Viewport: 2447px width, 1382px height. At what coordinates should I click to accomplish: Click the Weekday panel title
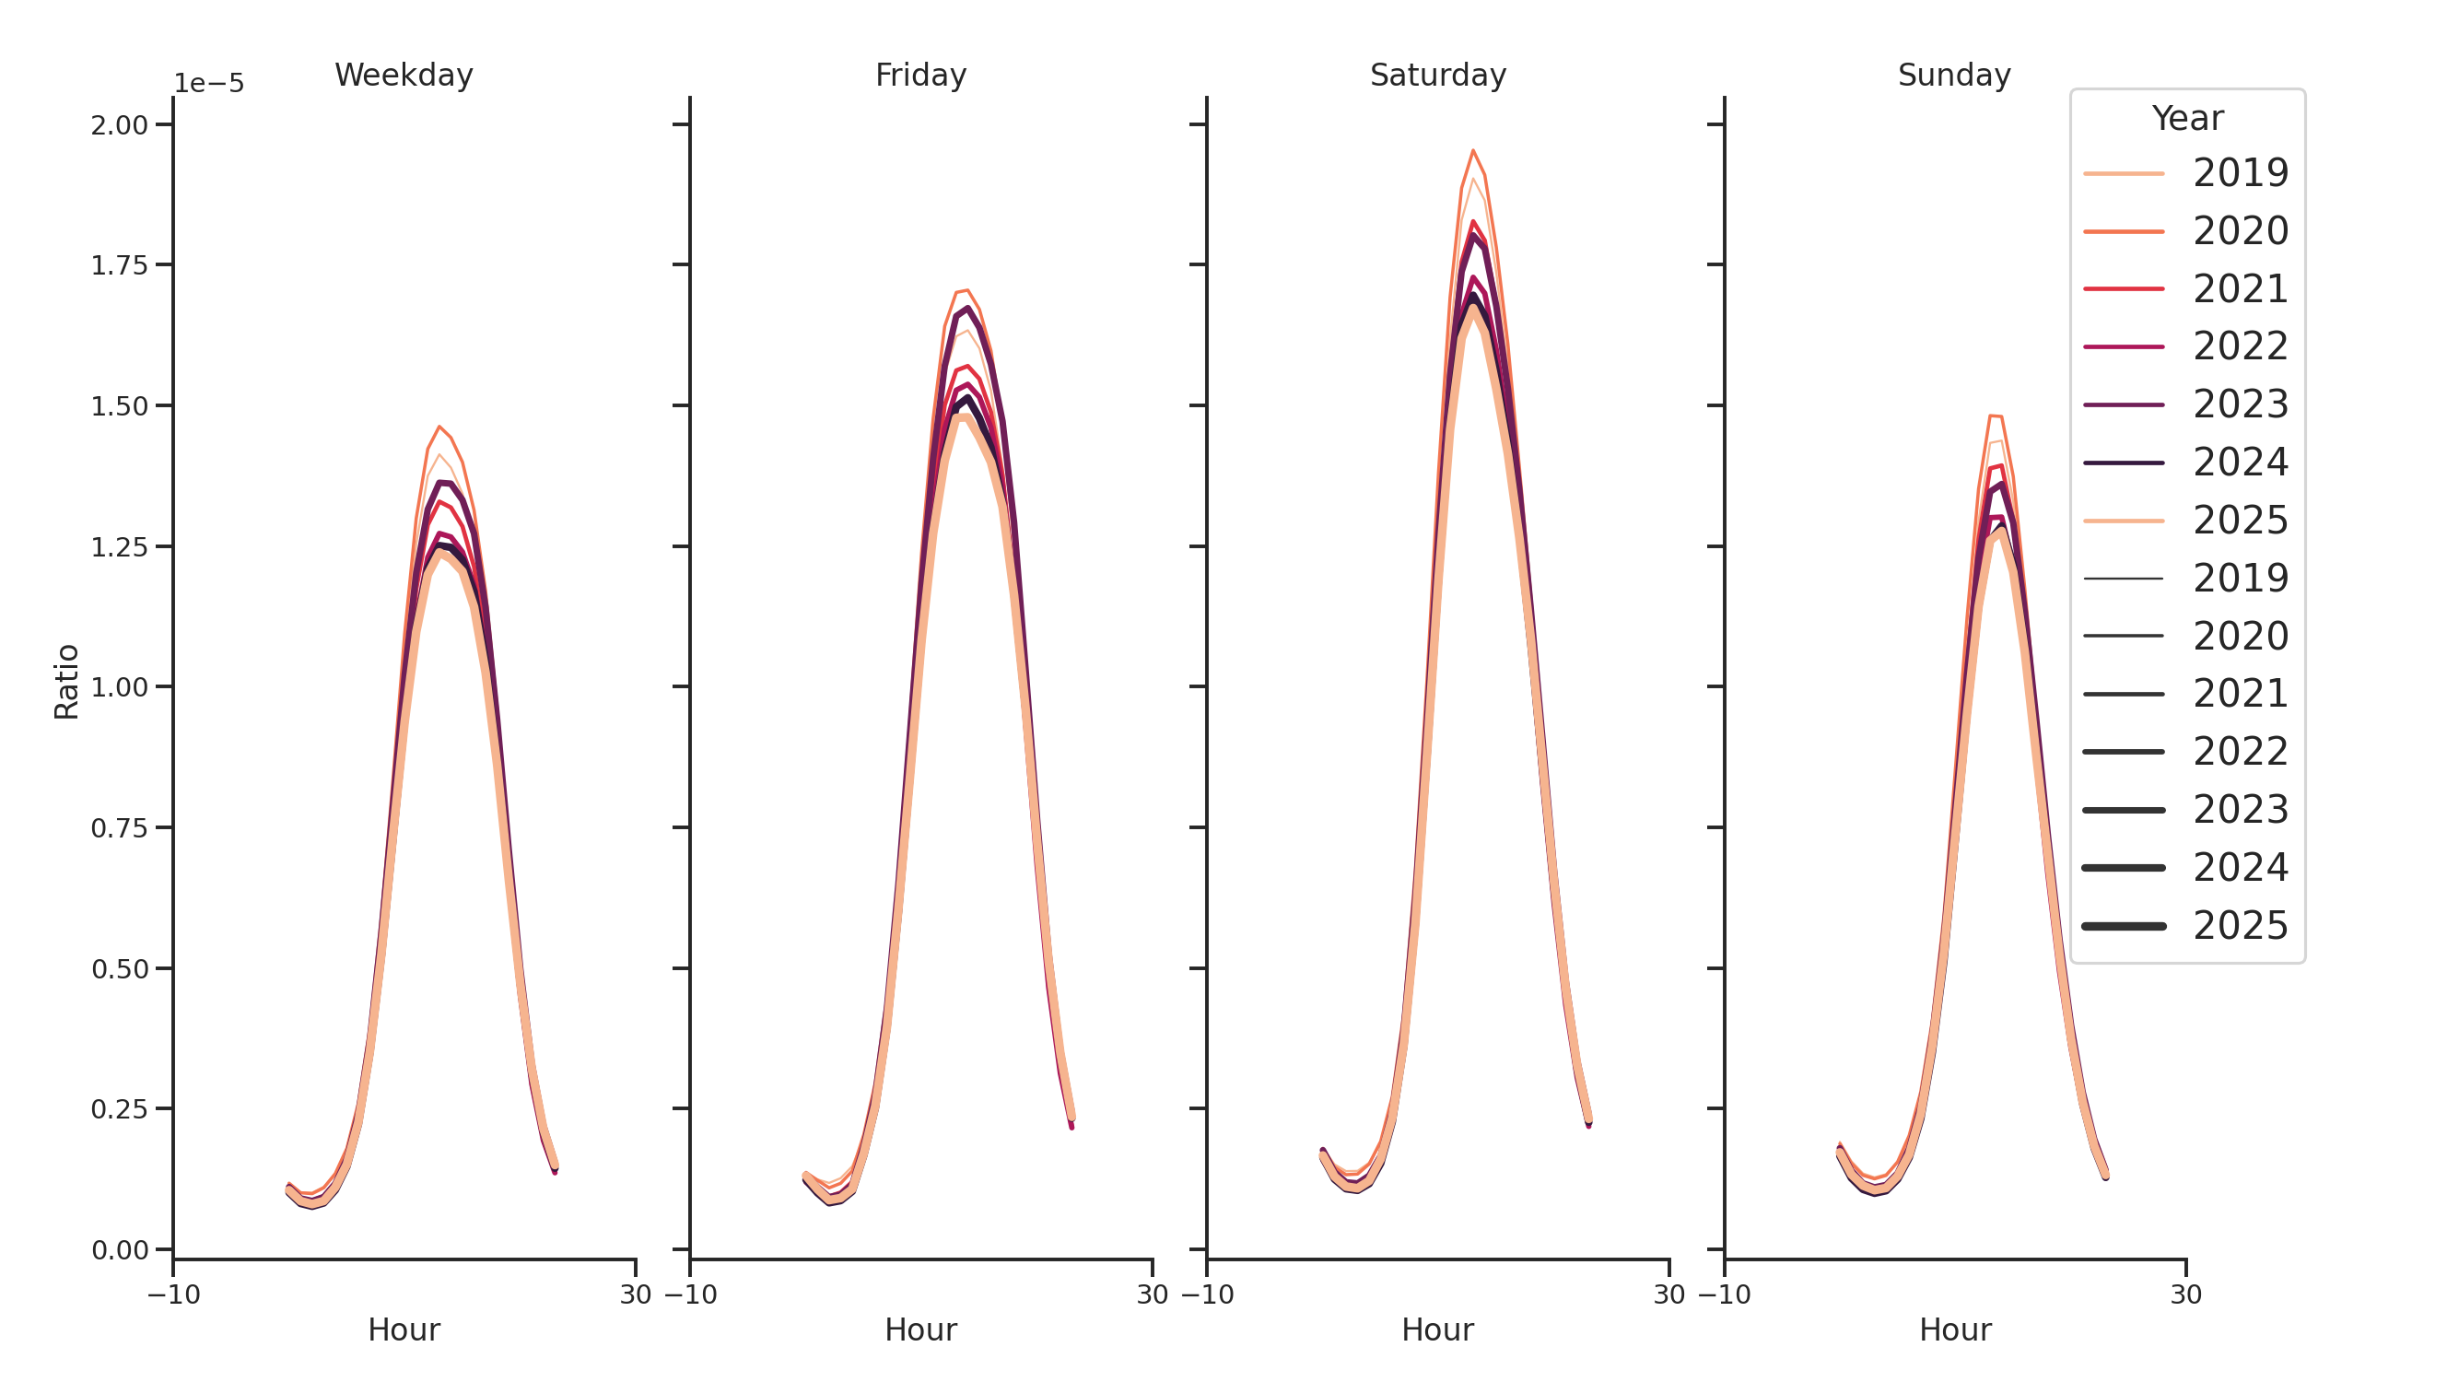[404, 75]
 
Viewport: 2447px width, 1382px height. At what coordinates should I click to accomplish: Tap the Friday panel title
[920, 75]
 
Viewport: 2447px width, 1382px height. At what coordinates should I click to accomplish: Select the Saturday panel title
[1437, 75]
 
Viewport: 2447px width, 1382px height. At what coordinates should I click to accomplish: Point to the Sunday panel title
[1954, 75]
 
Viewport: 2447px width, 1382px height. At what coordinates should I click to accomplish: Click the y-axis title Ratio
[66, 682]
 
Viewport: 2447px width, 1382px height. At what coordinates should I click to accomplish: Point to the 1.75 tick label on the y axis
[120, 266]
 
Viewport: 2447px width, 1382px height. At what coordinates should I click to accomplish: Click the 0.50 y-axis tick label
[120, 970]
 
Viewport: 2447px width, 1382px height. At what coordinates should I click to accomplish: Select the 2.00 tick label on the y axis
[120, 125]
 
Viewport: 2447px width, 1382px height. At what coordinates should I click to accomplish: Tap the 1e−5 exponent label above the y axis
[209, 84]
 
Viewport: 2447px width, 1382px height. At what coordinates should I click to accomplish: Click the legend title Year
[2186, 119]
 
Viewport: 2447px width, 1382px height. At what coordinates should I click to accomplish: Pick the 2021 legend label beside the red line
[2240, 288]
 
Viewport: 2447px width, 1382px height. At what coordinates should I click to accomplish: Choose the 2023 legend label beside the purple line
[2240, 404]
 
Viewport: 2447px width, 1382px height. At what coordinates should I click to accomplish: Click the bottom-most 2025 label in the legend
[2240, 926]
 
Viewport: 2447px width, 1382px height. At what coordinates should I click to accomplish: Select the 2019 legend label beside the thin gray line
[2240, 579]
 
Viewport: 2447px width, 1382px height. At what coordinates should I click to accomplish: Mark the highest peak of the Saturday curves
[1472, 151]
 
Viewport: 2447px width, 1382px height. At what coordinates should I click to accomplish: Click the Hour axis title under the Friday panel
[920, 1329]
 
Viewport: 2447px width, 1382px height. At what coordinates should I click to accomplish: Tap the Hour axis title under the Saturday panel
[1437, 1329]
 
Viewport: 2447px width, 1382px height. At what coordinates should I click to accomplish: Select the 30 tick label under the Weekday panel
[636, 1294]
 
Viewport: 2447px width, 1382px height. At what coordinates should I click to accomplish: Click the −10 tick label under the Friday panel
[691, 1294]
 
